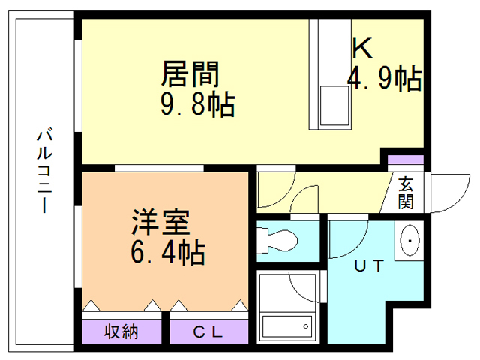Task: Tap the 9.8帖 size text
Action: click(x=197, y=104)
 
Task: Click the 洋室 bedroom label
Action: click(x=160, y=222)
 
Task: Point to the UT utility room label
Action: click(x=369, y=265)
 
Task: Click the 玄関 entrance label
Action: click(x=406, y=193)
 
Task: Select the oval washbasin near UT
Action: click(x=410, y=241)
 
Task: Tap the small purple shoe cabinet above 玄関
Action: click(x=406, y=160)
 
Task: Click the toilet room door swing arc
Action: click(x=304, y=201)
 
